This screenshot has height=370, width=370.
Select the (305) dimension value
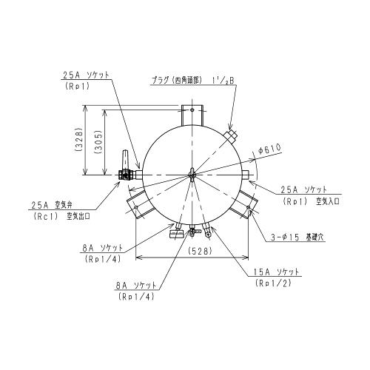point(98,142)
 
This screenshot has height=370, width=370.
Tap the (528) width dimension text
point(199,251)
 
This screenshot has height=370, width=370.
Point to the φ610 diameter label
point(270,149)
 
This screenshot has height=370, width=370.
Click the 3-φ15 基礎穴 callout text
point(297,237)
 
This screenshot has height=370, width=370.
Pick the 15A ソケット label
point(276,272)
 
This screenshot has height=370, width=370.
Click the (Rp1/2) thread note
point(274,283)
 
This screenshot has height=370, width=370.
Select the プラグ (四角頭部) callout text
point(177,81)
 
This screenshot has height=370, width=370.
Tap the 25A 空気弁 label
point(51,205)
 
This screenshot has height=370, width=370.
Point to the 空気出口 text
point(78,217)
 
